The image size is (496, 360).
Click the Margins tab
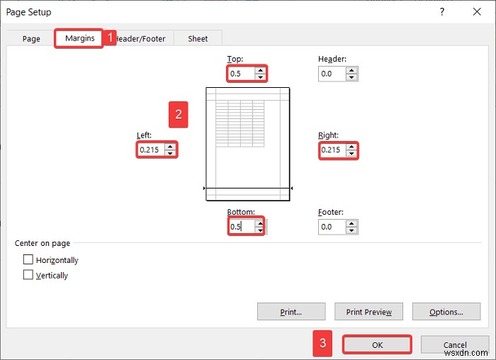tap(79, 38)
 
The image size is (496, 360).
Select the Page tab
tap(31, 39)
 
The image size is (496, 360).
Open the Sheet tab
tap(198, 39)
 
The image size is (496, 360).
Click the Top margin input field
tap(241, 74)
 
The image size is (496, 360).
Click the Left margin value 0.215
tap(150, 150)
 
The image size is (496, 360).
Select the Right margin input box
tap(332, 150)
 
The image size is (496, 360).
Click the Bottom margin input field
tap(241, 227)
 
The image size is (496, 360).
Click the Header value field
tap(331, 74)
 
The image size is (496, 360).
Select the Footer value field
tap(331, 227)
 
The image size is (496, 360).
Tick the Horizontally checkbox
tap(28, 260)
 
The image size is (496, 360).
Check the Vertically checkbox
tap(28, 275)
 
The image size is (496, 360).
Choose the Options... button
tap(446, 312)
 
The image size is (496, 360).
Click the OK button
tap(377, 345)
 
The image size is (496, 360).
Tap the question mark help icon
tap(442, 12)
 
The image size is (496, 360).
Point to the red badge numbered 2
tap(179, 114)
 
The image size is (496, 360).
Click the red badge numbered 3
tap(323, 345)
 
